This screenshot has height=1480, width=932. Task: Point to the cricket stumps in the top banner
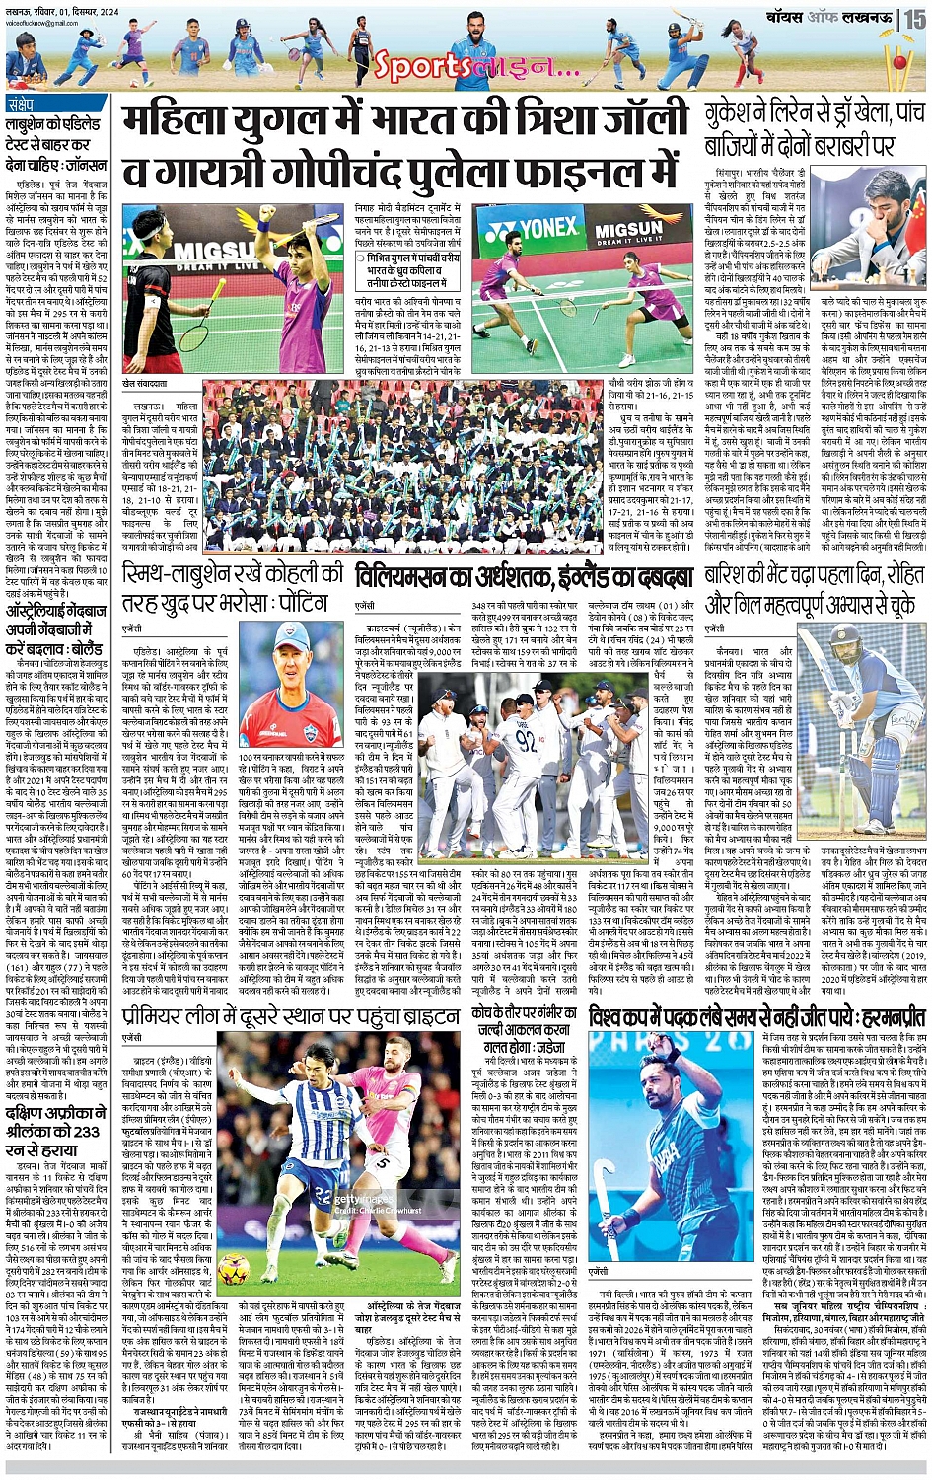[898, 61]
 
